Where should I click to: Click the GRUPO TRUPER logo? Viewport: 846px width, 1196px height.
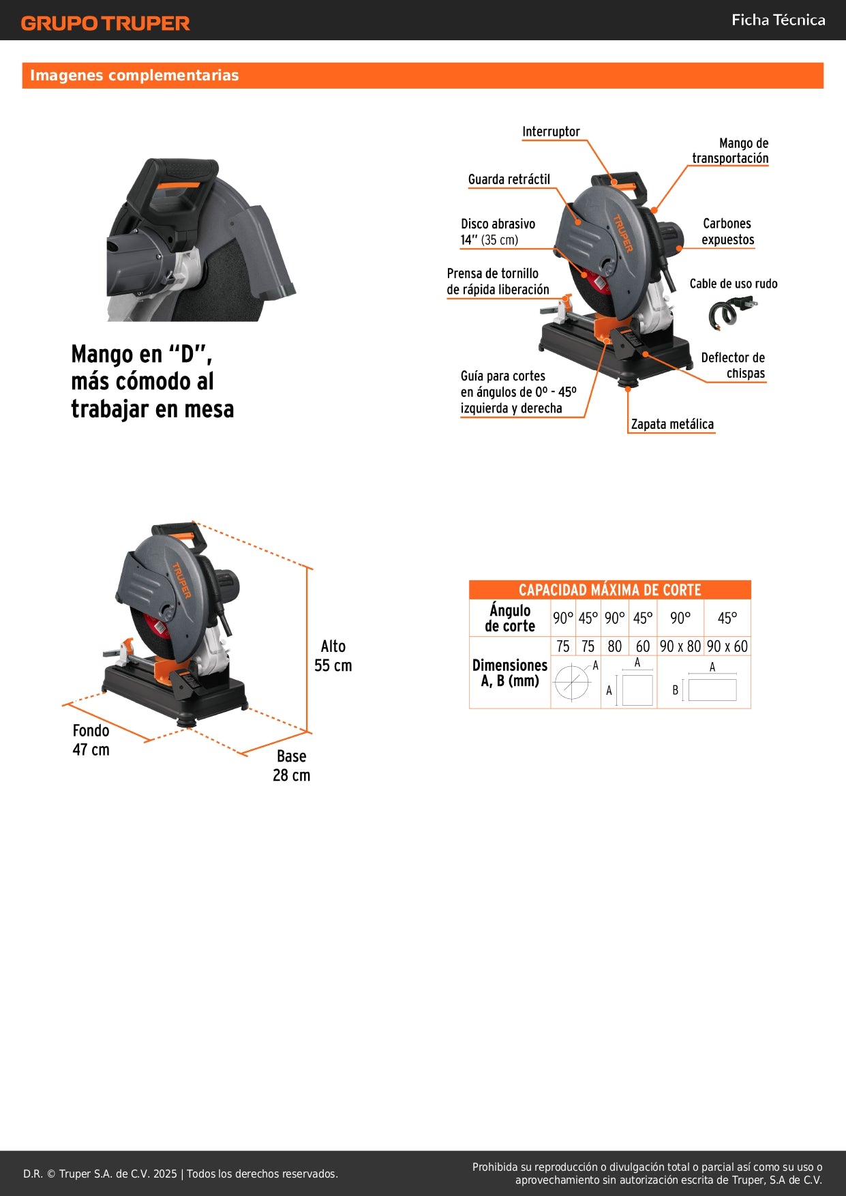(105, 23)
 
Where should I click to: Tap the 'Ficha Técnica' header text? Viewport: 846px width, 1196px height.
(778, 20)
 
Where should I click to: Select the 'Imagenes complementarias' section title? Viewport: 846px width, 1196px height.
(134, 76)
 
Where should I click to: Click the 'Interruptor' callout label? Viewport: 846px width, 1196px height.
(551, 132)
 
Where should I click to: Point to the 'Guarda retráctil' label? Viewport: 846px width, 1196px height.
(509, 179)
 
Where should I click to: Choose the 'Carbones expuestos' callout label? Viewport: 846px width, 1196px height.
(727, 232)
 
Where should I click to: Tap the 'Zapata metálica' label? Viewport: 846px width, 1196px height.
(672, 424)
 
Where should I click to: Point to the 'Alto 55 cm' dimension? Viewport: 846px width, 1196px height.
(333, 656)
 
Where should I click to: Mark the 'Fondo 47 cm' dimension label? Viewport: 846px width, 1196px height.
(91, 740)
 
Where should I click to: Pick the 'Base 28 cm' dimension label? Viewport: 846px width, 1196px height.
(291, 766)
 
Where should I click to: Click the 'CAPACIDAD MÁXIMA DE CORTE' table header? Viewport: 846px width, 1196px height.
(609, 590)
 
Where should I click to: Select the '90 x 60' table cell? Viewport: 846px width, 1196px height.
(727, 646)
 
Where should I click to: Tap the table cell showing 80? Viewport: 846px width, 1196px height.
(615, 646)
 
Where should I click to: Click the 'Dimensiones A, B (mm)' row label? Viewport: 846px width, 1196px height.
(510, 673)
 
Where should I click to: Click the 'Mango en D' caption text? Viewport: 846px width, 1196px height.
(153, 382)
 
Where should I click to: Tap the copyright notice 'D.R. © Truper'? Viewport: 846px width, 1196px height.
(181, 1173)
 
